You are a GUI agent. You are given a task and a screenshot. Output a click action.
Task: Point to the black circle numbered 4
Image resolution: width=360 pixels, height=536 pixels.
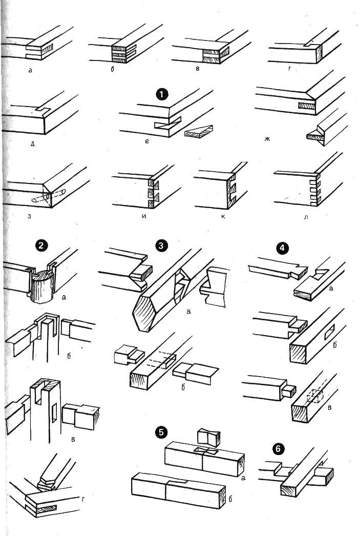pos(282,248)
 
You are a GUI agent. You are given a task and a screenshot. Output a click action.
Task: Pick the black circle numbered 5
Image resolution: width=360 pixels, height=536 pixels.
pos(161,432)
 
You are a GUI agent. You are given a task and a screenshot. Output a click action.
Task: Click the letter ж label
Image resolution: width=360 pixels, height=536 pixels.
pos(267,139)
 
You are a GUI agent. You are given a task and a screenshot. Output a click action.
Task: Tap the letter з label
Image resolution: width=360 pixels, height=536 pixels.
pos(30,216)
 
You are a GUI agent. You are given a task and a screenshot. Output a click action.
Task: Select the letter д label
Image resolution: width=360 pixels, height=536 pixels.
pos(32,143)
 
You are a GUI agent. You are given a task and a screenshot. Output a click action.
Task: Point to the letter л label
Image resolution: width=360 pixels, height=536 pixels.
pos(306,216)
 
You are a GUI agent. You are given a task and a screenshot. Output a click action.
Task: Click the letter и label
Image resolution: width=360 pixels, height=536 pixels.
pos(144,216)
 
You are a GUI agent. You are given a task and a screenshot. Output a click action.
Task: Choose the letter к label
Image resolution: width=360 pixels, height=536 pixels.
pos(223,216)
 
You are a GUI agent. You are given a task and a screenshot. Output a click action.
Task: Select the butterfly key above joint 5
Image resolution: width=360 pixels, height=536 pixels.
pos(209,438)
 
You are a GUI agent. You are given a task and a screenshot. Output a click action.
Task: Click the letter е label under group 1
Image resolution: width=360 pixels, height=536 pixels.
pos(147,141)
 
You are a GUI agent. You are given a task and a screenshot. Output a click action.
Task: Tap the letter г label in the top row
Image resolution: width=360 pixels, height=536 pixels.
pos(290,69)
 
